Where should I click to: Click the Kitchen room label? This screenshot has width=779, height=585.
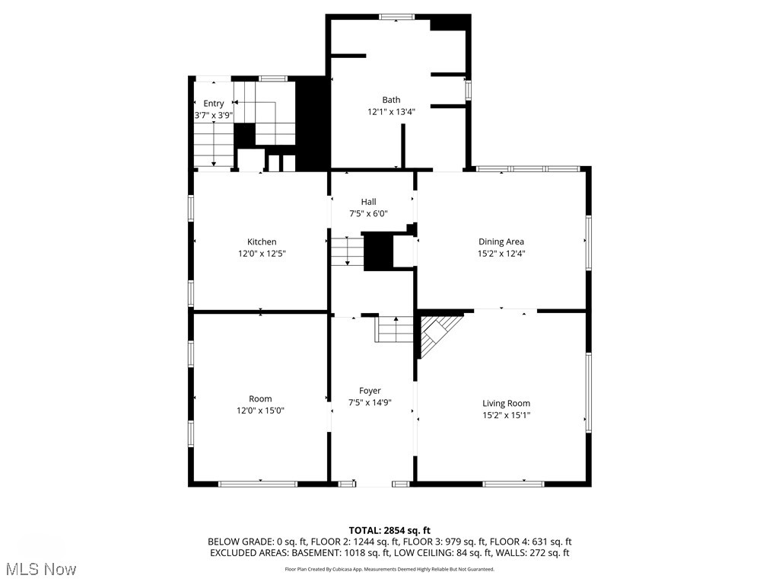[x=261, y=242]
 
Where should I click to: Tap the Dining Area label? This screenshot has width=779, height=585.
[x=501, y=242]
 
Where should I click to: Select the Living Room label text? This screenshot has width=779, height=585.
[x=506, y=403]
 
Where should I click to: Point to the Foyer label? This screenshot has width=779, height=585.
[x=370, y=391]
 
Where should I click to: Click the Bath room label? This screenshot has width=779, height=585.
[x=391, y=100]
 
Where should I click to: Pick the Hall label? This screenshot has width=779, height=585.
[x=368, y=202]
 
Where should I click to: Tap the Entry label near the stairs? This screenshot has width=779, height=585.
[x=214, y=104]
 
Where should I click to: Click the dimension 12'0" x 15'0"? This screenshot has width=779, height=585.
[x=261, y=411]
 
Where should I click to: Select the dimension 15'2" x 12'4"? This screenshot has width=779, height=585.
[x=501, y=254]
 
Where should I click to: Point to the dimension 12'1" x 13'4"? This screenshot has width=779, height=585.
[x=391, y=111]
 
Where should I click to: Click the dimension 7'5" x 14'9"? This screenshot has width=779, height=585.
[x=370, y=402]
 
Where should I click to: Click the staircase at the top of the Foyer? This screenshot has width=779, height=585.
[x=395, y=330]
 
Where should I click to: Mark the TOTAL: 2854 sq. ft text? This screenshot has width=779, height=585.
[x=389, y=530]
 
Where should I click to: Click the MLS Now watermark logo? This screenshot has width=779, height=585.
[x=39, y=569]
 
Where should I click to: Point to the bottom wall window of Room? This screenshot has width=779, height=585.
[x=258, y=483]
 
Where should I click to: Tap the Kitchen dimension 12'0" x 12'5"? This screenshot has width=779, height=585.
[x=261, y=254]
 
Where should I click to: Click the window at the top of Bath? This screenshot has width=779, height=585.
[x=396, y=17]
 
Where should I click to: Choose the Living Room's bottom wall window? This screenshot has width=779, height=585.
[x=514, y=483]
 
